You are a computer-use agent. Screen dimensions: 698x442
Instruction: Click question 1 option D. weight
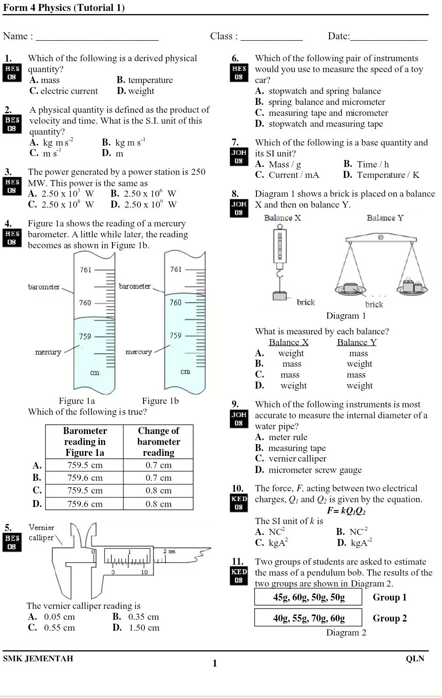(x=136, y=91)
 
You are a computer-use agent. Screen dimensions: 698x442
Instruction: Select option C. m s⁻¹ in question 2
(x=46, y=153)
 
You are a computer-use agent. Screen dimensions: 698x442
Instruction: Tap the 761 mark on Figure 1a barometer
(x=86, y=270)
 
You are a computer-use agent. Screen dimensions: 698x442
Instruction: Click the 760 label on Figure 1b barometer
(x=175, y=302)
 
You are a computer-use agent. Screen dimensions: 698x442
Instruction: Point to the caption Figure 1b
(x=160, y=401)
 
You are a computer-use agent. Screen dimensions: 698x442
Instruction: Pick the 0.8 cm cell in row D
(x=158, y=504)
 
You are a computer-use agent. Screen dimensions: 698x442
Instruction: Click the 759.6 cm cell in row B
(x=85, y=478)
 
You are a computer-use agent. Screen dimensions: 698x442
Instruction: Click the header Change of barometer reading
(x=158, y=441)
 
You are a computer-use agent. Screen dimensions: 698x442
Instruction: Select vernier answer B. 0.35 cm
(x=136, y=617)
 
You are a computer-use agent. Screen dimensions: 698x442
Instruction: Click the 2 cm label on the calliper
(x=169, y=552)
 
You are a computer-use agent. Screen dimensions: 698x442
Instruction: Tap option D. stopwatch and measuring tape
(x=319, y=124)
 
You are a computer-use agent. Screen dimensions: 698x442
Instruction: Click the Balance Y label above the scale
(x=385, y=218)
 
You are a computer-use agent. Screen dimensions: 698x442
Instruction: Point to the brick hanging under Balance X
(x=280, y=296)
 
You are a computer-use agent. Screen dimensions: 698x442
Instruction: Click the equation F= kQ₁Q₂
(x=346, y=510)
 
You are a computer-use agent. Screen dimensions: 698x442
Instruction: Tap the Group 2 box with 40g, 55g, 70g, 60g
(x=309, y=618)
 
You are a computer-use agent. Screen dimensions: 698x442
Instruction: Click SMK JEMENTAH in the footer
(x=38, y=659)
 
